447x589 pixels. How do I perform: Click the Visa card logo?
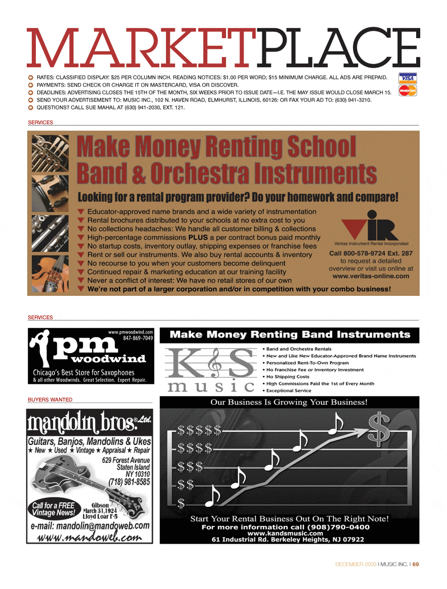[407, 78]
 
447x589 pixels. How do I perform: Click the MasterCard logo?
[407, 91]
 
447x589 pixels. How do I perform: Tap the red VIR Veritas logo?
[370, 226]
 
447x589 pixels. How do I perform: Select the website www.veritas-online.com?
[371, 276]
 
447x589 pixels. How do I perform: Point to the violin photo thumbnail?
[50, 274]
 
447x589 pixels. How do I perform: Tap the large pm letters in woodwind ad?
[85, 345]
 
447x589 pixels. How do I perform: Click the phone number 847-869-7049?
[138, 338]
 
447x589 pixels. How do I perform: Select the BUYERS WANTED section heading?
[50, 400]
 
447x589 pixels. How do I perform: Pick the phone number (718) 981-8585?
[129, 482]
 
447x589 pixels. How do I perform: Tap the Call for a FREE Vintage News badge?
[54, 509]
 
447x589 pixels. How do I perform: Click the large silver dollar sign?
[379, 428]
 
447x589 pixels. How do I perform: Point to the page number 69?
[416, 564]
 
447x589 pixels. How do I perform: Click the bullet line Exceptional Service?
[289, 391]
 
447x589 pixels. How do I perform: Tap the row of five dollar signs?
[199, 431]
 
